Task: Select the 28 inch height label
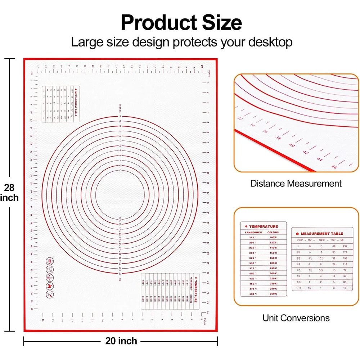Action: click(x=10, y=193)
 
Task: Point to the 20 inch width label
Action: click(x=121, y=341)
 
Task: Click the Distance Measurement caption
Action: click(x=296, y=184)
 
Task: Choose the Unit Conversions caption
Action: click(x=296, y=318)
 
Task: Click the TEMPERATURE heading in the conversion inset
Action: click(x=264, y=226)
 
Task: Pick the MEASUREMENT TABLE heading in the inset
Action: click(x=321, y=234)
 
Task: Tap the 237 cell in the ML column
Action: click(x=345, y=246)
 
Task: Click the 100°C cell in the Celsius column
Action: click(x=273, y=238)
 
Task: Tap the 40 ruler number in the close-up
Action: click(x=292, y=145)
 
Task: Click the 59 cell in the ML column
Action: click(x=345, y=276)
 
